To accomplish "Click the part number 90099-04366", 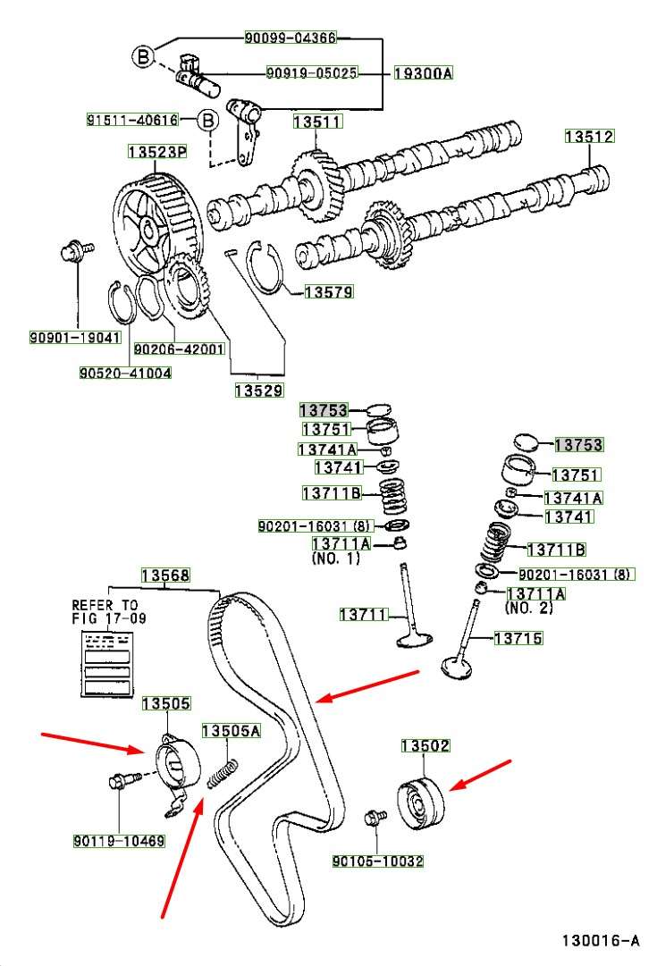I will pyautogui.click(x=291, y=38).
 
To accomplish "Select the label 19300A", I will pyautogui.click(x=423, y=73).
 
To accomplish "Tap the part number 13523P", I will pyautogui.click(x=156, y=153).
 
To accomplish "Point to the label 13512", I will pyautogui.click(x=589, y=137).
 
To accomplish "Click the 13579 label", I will pyautogui.click(x=328, y=291).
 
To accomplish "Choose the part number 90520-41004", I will pyautogui.click(x=125, y=372).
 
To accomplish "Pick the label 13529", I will pyautogui.click(x=258, y=390).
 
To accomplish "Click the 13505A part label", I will pyautogui.click(x=230, y=731).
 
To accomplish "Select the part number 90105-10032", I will pyautogui.click(x=377, y=861).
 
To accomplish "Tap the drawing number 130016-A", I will pyautogui.click(x=601, y=940).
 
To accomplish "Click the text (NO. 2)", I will pyautogui.click(x=528, y=608).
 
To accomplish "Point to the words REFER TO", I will pyautogui.click(x=105, y=605).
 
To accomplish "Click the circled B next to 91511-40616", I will pyautogui.click(x=206, y=119).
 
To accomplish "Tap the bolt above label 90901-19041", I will pyautogui.click(x=72, y=252).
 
